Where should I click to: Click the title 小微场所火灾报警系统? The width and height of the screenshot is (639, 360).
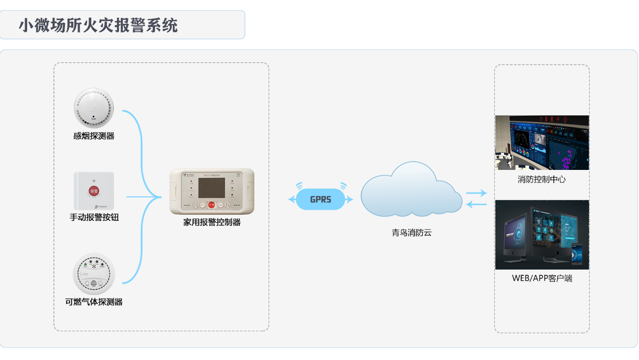click(98, 25)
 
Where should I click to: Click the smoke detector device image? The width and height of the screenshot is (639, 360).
click(94, 108)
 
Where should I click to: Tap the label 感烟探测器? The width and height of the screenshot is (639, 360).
click(94, 136)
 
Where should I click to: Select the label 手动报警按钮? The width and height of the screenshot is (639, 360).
click(94, 217)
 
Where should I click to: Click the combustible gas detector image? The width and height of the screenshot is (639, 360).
click(94, 273)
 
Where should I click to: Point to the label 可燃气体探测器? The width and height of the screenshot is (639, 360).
click(94, 302)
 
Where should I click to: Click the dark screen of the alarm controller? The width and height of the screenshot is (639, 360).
click(212, 187)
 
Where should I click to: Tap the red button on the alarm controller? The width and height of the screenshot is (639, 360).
click(212, 205)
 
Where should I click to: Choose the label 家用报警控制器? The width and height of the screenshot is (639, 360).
click(212, 222)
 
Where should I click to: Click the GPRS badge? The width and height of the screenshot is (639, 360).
click(321, 200)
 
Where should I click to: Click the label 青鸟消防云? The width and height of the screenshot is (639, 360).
click(412, 233)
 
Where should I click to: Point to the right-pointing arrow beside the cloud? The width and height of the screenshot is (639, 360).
click(476, 193)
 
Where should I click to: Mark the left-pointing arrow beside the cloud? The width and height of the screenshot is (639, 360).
click(476, 204)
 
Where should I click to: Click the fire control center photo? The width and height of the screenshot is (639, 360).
click(542, 143)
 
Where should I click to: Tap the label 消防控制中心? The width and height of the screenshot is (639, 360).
click(542, 179)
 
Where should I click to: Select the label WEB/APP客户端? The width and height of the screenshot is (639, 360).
click(542, 278)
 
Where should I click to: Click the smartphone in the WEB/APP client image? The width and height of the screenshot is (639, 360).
click(577, 254)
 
